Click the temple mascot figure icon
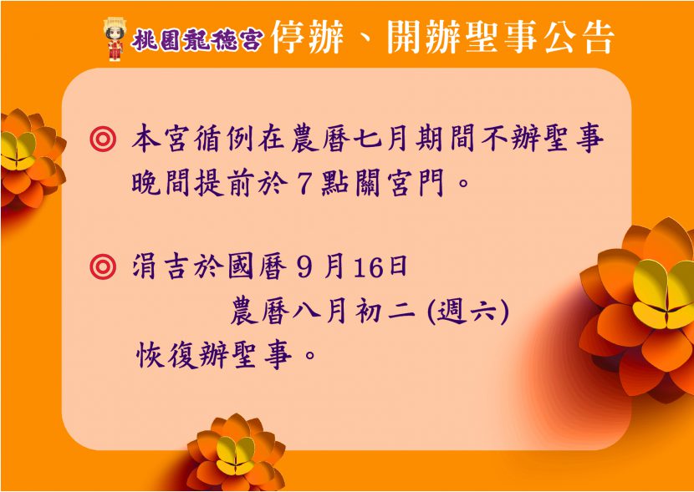(115, 38)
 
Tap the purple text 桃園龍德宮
(197, 40)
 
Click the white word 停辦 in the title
(307, 38)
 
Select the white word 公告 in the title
(579, 38)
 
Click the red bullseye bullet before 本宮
(103, 139)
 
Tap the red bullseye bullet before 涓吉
(103, 266)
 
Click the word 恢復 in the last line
(167, 355)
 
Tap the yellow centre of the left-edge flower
(18, 150)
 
